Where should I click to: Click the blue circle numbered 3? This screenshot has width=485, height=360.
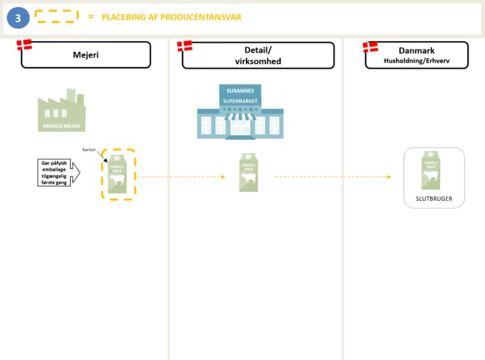click(x=18, y=18)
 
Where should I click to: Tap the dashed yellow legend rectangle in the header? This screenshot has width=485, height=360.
click(x=56, y=16)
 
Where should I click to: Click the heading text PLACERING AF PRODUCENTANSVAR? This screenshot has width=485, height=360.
click(x=171, y=17)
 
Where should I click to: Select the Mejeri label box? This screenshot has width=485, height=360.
click(x=86, y=55)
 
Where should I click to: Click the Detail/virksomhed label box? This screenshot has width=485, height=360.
click(x=258, y=55)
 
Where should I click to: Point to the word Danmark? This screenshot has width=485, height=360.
click(x=416, y=51)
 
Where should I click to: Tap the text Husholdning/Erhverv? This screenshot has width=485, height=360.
click(x=416, y=60)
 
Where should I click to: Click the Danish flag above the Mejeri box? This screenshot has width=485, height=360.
click(x=24, y=45)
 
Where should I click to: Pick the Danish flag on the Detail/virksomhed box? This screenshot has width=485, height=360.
click(x=184, y=46)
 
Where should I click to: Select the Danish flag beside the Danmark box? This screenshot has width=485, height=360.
click(x=370, y=46)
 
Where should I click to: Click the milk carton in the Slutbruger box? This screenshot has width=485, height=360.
click(x=433, y=170)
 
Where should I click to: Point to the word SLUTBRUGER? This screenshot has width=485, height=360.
click(x=434, y=198)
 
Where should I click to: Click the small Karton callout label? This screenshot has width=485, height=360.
click(x=89, y=150)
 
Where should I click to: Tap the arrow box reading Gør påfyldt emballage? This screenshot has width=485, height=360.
click(x=58, y=173)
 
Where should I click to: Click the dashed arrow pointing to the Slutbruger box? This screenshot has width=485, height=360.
click(x=333, y=177)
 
